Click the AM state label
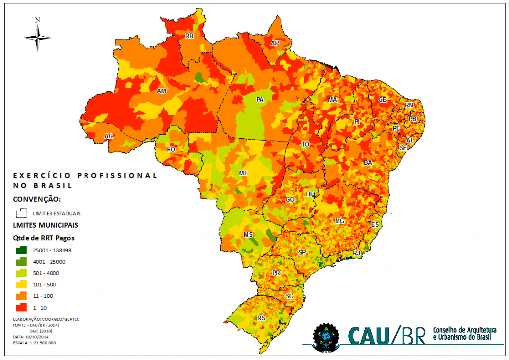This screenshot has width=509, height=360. click(x=161, y=91)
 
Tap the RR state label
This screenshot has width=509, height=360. click(x=189, y=36)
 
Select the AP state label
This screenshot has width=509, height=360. click(x=275, y=44)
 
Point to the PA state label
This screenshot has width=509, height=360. click(x=259, y=100)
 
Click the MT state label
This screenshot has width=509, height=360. click(x=244, y=173)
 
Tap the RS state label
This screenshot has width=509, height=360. click(x=261, y=318)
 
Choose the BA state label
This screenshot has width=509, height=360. click(x=368, y=163)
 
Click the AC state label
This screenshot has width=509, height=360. click(x=109, y=136)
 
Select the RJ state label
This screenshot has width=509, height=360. click(x=356, y=253)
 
